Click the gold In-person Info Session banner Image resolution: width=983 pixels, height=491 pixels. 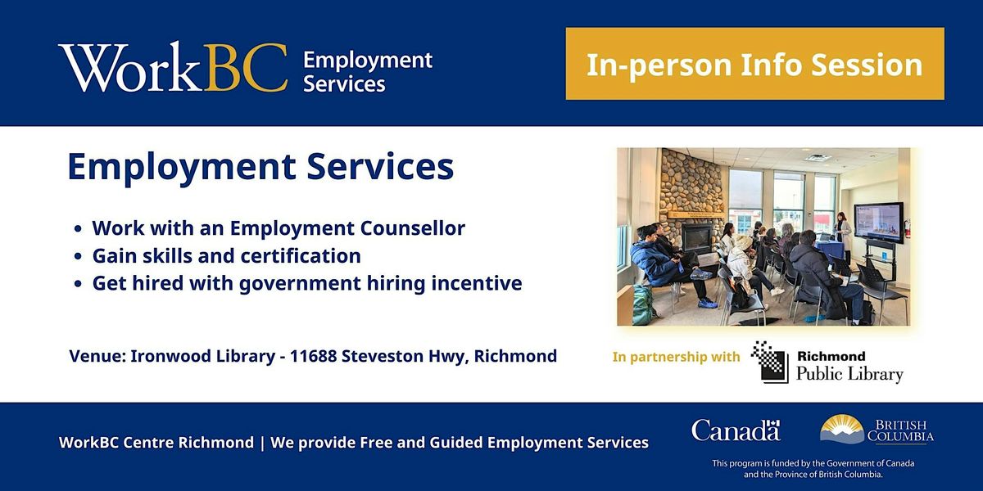coord(754,64)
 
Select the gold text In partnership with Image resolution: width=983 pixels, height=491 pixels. coord(676,357)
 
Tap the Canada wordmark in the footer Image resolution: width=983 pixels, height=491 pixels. coord(735,430)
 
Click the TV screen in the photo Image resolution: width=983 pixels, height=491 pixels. coord(877,221)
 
